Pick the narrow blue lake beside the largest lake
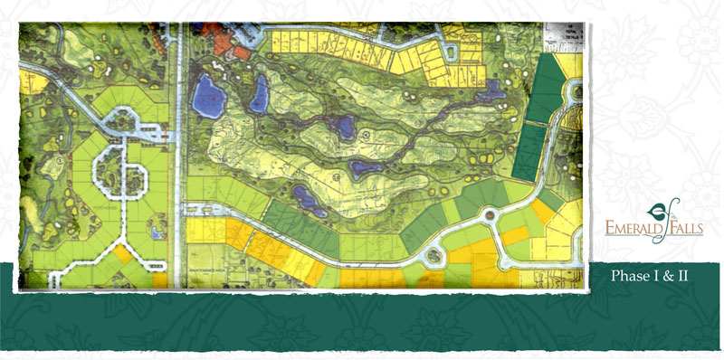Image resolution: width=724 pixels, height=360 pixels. point(259,93)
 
